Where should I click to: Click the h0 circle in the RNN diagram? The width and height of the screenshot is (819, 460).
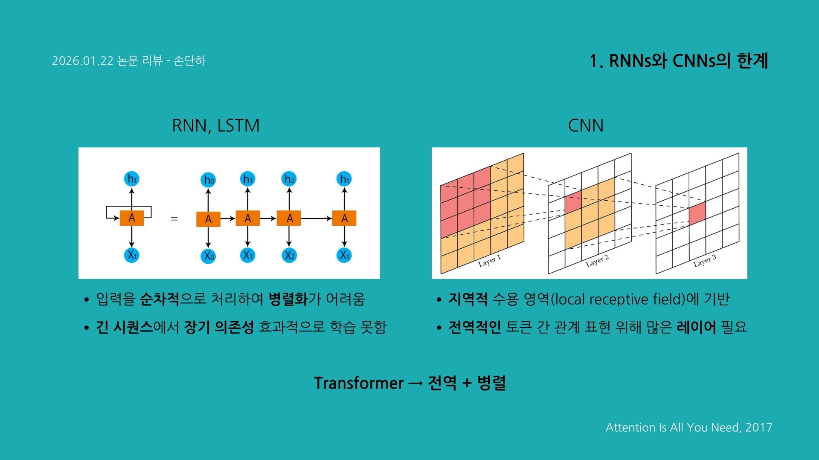(208, 180)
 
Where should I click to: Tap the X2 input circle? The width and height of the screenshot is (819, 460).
(289, 256)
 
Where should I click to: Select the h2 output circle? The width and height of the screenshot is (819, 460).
(289, 179)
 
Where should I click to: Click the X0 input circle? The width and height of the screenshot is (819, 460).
(208, 256)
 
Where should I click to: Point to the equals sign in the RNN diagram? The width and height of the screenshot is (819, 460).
(174, 218)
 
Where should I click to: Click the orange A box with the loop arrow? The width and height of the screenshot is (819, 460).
(131, 218)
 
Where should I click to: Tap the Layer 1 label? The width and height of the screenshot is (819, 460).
(489, 261)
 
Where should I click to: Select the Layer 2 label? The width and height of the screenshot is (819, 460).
(597, 261)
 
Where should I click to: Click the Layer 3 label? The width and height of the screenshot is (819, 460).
(705, 261)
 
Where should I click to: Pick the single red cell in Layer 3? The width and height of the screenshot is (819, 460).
(697, 213)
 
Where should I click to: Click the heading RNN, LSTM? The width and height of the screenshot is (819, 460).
(215, 126)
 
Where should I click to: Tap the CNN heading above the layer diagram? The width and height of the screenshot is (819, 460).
(586, 126)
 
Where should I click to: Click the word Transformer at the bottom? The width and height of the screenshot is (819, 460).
(358, 383)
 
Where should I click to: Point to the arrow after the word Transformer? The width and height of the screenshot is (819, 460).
(415, 383)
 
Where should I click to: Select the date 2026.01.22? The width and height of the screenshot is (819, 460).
(83, 61)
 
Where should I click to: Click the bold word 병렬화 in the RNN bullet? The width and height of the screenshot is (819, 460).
(288, 299)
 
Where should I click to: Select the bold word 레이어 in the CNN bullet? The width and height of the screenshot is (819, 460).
(696, 327)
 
